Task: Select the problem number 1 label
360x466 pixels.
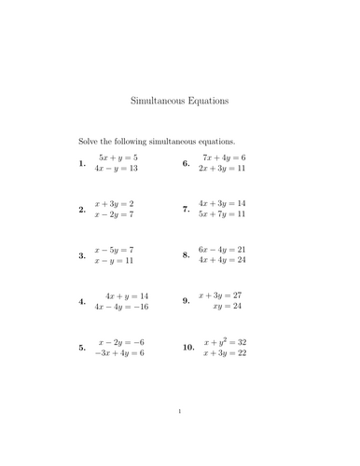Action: (x=83, y=164)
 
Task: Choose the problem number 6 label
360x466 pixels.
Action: (x=187, y=164)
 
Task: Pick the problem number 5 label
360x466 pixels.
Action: (x=83, y=348)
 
